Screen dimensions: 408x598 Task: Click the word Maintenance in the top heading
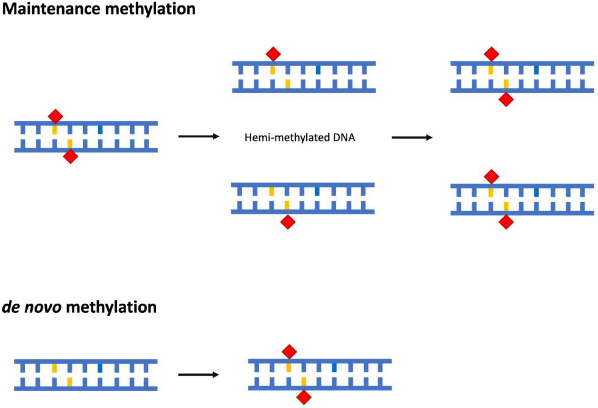pos(51,9)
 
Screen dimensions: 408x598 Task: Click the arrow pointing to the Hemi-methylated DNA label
pos(198,136)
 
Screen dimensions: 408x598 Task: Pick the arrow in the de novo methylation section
pos(198,374)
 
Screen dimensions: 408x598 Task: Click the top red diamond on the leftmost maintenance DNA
pos(55,116)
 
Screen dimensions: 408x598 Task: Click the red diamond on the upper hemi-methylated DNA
pos(273,54)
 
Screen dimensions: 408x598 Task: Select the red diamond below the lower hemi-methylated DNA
pos(288,222)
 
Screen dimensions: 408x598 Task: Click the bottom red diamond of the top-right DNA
pos(506,100)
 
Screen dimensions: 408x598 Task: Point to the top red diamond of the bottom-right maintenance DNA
pos(491,177)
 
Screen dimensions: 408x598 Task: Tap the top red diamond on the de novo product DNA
pos(289,352)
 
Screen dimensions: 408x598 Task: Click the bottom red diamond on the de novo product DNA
pos(304,397)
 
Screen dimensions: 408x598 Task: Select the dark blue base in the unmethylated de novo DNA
pos(100,368)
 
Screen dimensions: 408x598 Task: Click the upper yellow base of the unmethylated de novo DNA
pos(54,368)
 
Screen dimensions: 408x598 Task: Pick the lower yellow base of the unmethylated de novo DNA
pos(70,382)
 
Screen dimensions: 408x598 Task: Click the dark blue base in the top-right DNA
pos(536,70)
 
